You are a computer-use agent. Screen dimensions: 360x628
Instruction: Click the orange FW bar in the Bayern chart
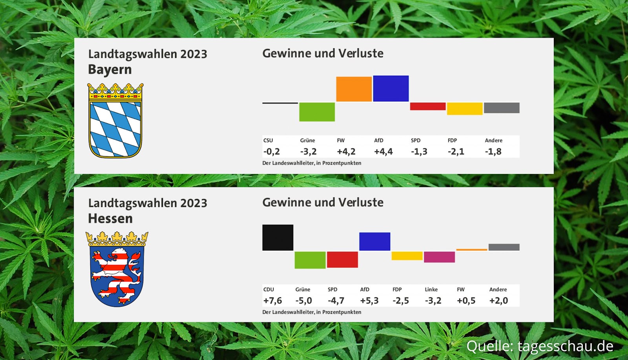click(354, 89)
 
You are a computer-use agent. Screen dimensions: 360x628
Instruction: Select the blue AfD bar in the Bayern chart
click(391, 89)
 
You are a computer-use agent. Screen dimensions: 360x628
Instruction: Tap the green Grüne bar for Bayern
click(317, 112)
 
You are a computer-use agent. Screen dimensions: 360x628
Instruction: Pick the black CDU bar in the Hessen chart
click(277, 238)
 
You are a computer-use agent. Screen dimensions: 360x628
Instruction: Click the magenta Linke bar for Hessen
click(439, 257)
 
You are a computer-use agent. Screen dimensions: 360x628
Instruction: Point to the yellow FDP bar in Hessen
click(407, 256)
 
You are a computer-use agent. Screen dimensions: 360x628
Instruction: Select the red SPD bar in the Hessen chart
click(342, 259)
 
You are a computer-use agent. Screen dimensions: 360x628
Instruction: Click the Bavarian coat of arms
click(115, 121)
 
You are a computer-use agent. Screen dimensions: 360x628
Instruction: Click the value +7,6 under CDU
click(272, 301)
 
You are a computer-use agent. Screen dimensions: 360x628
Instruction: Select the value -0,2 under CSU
click(272, 152)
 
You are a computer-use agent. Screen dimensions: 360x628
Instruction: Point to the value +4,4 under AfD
click(383, 152)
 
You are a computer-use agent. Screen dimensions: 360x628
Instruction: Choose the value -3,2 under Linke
click(433, 301)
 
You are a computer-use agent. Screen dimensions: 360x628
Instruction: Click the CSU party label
click(268, 141)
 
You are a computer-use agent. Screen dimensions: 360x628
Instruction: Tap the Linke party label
click(431, 290)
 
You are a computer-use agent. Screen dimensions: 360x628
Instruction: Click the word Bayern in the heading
click(110, 69)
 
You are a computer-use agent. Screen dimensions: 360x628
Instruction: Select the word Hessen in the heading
click(110, 218)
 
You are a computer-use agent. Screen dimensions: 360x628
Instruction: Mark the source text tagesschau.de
click(565, 346)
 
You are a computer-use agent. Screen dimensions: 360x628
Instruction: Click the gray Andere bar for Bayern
click(502, 108)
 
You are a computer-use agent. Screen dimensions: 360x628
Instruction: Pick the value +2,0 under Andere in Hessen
click(498, 301)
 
